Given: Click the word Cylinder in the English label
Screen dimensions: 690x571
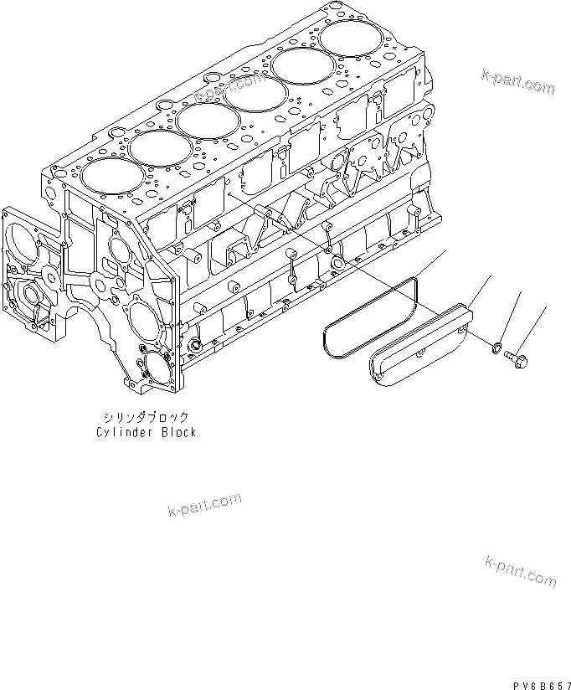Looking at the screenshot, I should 122,432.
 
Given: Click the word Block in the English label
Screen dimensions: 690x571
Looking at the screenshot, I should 178,432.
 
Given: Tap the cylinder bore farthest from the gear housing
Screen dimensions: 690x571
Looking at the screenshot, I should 344,39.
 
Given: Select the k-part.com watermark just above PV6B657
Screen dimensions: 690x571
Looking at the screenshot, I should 519,572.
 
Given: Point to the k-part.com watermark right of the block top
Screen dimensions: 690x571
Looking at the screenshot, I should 517,82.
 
